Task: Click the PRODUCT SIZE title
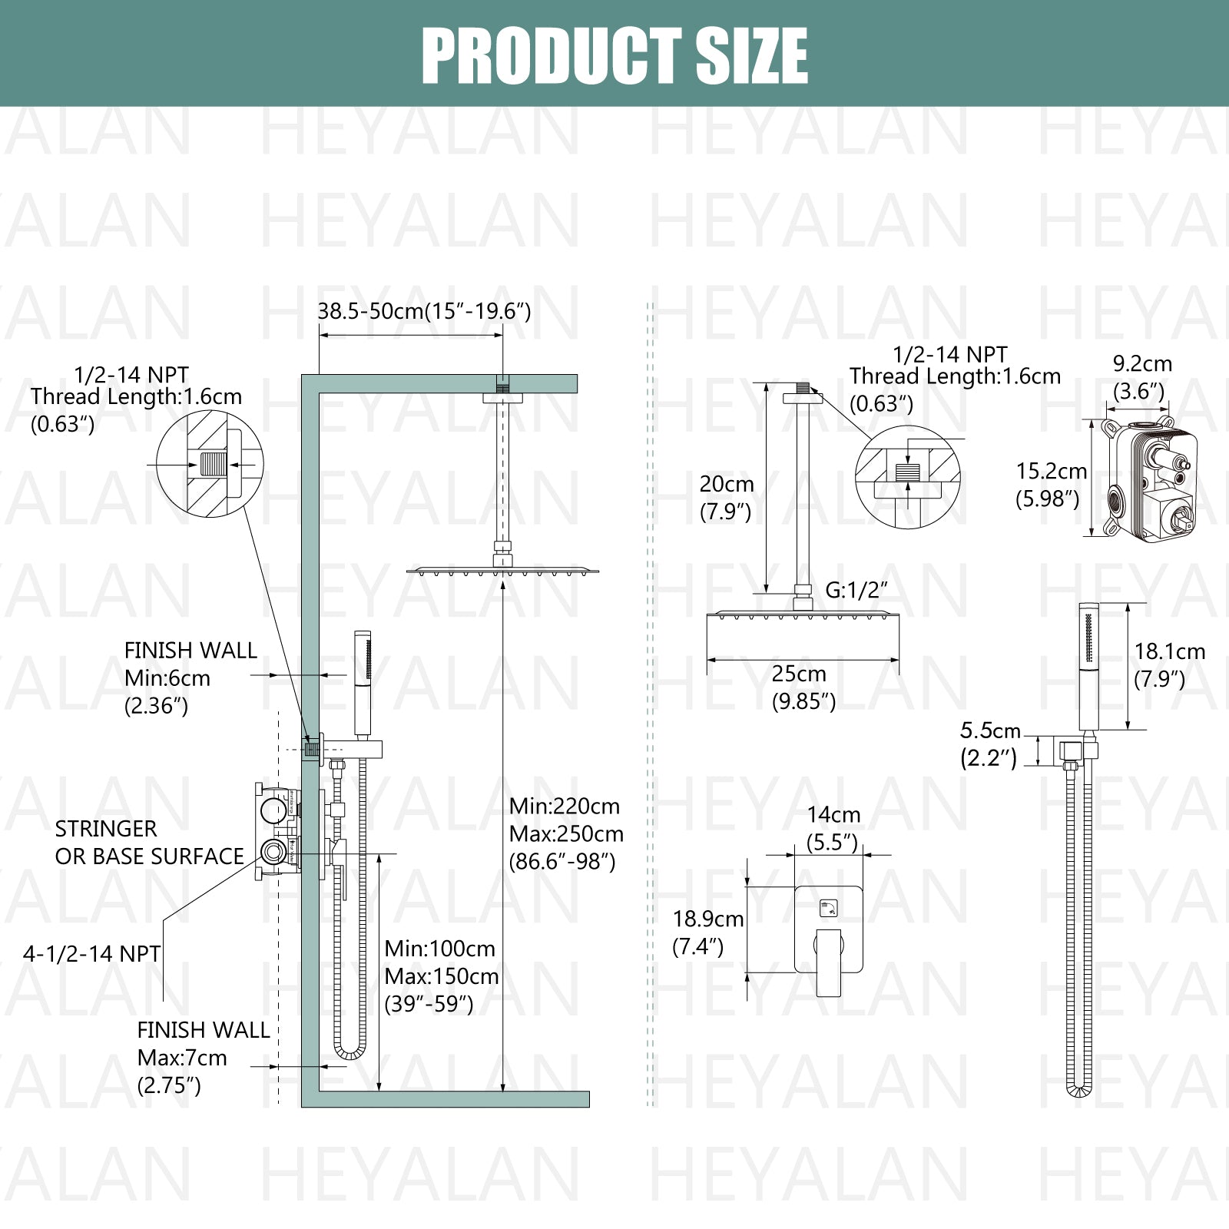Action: pos(614,55)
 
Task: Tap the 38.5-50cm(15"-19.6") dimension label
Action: pos(424,311)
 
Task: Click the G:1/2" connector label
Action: pos(856,590)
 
